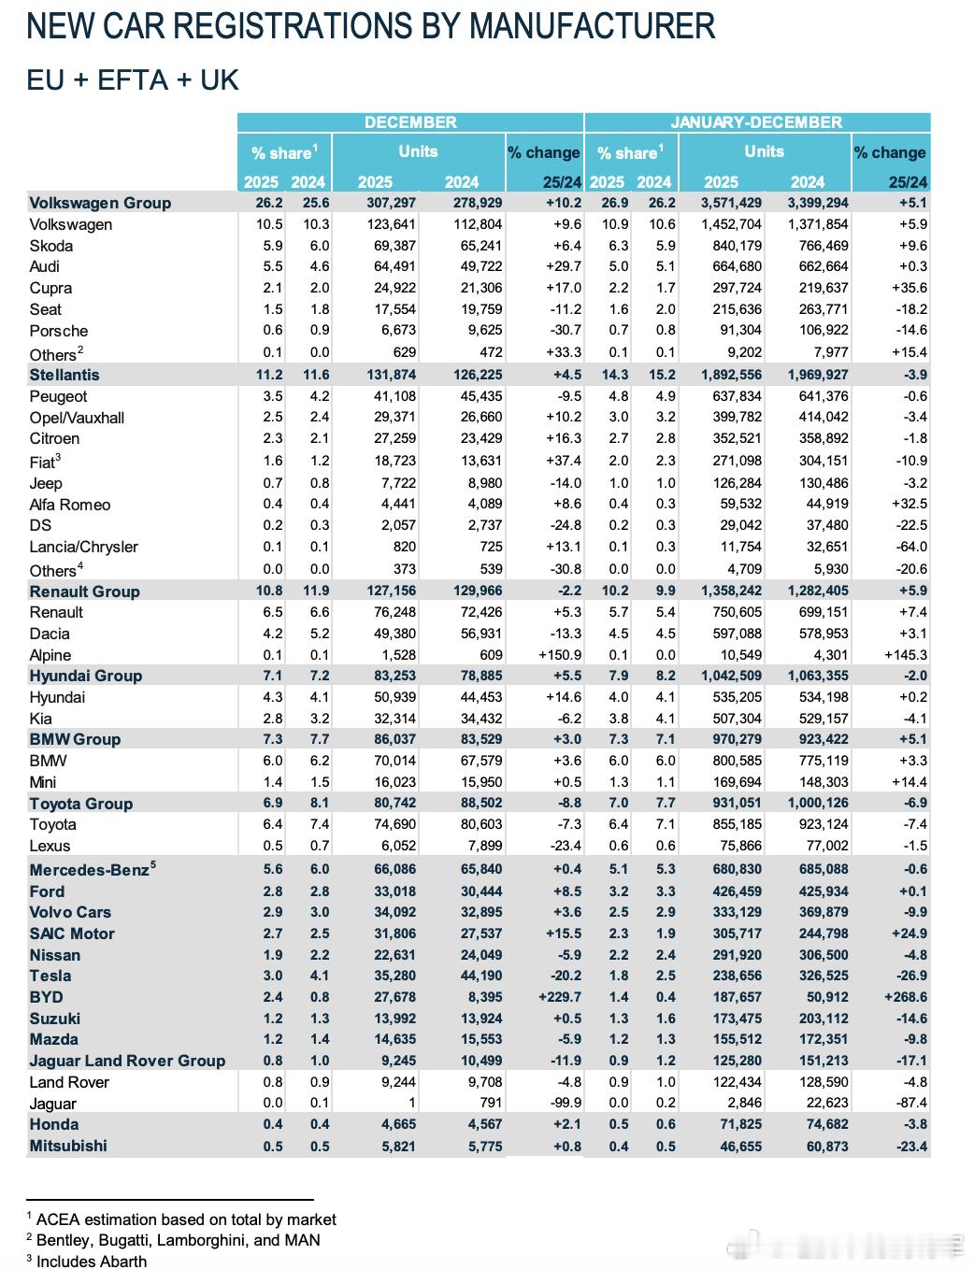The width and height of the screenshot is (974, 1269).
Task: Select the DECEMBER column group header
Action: click(410, 122)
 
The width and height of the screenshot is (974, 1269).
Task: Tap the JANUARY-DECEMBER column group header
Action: click(756, 122)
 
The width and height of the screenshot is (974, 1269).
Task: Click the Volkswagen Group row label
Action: click(100, 203)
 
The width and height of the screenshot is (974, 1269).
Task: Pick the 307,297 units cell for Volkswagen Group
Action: click(388, 203)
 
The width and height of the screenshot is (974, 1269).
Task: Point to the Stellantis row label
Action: click(64, 375)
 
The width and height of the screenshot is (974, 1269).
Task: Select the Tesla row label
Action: click(50, 976)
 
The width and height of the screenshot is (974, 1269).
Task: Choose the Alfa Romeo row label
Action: click(69, 505)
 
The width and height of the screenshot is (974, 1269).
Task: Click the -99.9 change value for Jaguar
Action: click(561, 1104)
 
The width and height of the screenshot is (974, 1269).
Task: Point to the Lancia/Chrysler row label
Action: click(83, 547)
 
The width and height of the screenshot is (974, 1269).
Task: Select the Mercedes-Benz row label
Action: click(89, 870)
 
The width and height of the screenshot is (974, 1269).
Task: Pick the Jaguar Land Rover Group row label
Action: click(127, 1061)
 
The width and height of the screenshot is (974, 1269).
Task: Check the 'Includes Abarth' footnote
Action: click(91, 1261)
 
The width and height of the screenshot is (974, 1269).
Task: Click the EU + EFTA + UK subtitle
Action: click(133, 79)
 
